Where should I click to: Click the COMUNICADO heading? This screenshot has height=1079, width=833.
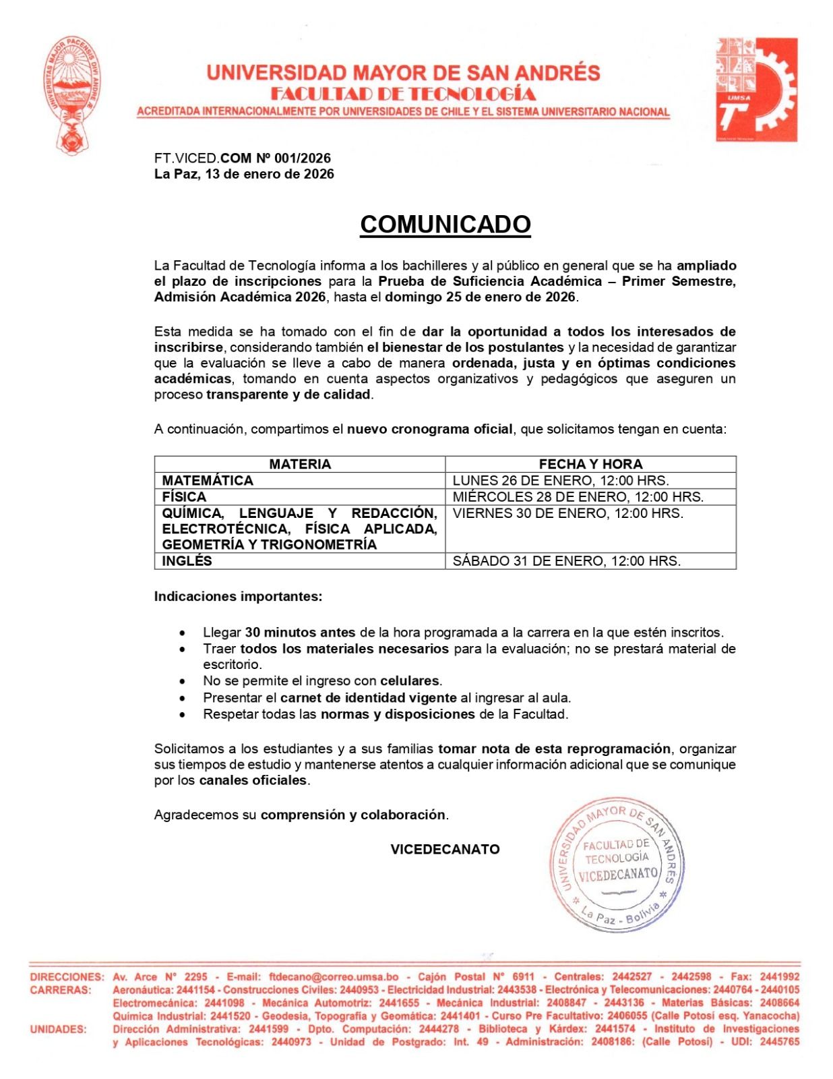click(445, 224)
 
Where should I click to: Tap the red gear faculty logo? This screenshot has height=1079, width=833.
click(756, 89)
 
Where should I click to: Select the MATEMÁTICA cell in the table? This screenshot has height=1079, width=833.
click(208, 481)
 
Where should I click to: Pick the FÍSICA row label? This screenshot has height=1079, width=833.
click(184, 497)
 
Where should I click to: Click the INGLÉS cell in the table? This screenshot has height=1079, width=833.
click(187, 561)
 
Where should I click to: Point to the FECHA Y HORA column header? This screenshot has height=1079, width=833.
click(590, 464)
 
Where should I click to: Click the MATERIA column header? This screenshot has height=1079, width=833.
click(300, 464)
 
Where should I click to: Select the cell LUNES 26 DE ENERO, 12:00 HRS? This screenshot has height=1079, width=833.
click(561, 481)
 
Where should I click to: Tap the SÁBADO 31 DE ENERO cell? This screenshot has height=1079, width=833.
click(566, 561)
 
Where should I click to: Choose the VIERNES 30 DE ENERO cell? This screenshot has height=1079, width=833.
click(567, 513)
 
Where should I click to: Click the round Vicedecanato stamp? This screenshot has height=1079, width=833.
click(617, 867)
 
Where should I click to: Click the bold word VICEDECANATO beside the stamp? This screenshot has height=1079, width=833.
click(445, 850)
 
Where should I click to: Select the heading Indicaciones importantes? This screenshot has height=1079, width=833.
click(238, 597)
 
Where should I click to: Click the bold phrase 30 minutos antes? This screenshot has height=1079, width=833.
click(301, 633)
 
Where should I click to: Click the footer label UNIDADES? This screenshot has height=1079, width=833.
click(58, 1029)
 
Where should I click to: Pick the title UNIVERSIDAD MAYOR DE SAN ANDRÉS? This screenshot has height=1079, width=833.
click(403, 73)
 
